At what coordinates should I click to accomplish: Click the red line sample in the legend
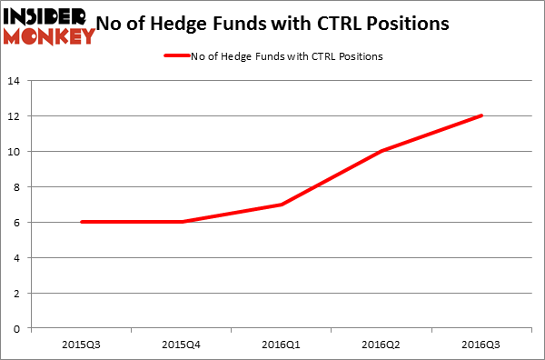click(176, 55)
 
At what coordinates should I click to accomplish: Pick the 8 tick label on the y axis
click(18, 186)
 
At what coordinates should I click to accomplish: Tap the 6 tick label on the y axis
click(18, 222)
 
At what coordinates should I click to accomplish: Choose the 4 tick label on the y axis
click(18, 257)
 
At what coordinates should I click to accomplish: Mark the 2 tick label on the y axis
click(18, 293)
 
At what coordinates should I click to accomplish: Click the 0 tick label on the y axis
click(18, 328)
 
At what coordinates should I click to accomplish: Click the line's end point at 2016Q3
click(481, 115)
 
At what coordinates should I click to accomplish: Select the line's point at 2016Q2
click(381, 151)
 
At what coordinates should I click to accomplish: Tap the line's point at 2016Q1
click(282, 205)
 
